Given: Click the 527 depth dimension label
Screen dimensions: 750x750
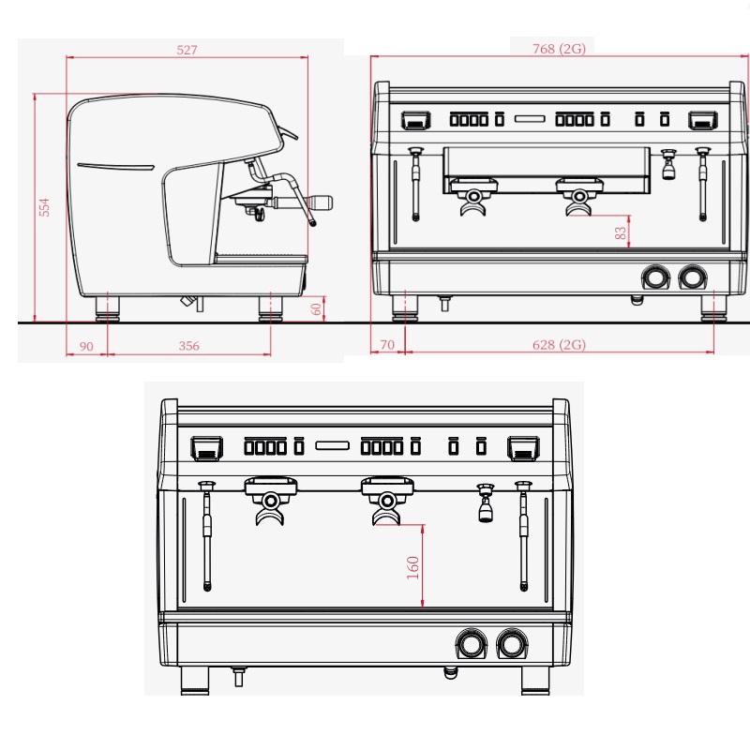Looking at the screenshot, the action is pos(187,50).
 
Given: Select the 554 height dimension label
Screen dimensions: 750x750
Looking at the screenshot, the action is pos(44,207).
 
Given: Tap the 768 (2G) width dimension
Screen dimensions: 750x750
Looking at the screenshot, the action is pos(559,49).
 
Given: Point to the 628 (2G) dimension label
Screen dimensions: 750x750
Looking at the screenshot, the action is pos(559,344).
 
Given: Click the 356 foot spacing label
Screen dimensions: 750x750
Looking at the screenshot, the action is pos(189,346).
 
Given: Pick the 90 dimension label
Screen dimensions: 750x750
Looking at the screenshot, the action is pos(86,346).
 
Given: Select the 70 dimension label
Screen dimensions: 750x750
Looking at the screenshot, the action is pos(387,345).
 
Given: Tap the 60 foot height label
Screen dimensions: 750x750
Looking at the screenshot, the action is pos(316,309).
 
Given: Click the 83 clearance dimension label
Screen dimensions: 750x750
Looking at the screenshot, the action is pos(621,232).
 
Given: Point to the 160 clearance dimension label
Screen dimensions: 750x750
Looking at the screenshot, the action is pos(412,568).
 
